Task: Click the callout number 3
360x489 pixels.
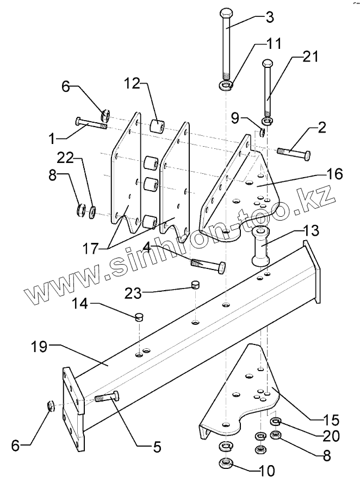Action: click(x=269, y=16)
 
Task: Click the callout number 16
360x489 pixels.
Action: click(x=334, y=174)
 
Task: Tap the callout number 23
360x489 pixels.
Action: click(x=132, y=294)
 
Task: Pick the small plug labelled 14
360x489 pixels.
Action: click(x=138, y=315)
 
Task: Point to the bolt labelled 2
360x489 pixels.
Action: click(x=294, y=153)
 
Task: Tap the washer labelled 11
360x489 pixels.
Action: click(x=226, y=85)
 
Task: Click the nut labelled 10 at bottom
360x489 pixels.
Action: click(x=225, y=463)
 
